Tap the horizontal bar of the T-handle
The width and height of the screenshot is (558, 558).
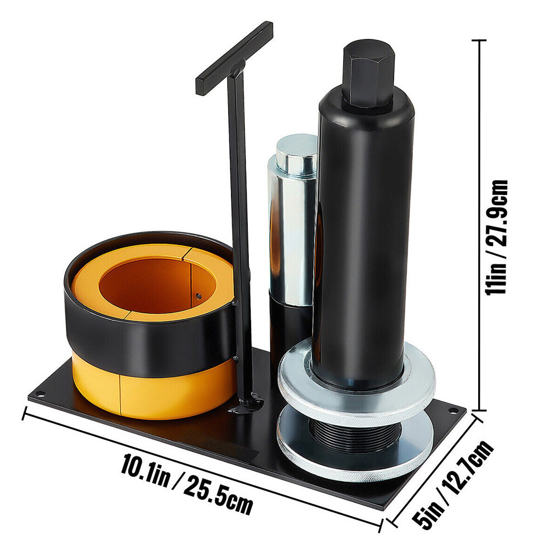click(234, 59)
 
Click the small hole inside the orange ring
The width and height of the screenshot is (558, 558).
click(199, 296)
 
